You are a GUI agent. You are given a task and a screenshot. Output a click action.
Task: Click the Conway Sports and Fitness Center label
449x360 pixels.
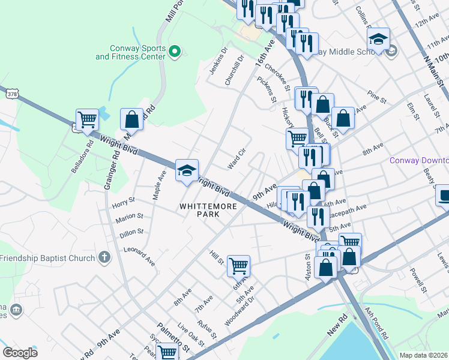click(x=130, y=52)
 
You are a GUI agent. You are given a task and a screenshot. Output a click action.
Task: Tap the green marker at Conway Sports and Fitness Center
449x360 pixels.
click(x=175, y=52)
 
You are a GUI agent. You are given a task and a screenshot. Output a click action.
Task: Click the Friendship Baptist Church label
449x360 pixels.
click(x=47, y=258)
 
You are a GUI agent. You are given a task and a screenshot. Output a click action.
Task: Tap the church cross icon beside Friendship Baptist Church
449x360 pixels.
click(x=104, y=258)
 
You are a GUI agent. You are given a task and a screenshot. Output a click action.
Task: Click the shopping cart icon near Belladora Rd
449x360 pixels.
click(x=88, y=119)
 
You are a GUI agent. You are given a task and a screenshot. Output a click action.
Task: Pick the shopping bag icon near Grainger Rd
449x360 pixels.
click(x=131, y=119)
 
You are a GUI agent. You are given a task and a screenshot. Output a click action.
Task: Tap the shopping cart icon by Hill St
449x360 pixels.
click(x=238, y=265)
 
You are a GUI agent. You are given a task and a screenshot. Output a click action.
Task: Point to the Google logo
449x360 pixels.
click(x=20, y=353)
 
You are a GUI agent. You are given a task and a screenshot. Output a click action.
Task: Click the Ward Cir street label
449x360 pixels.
click(x=237, y=159)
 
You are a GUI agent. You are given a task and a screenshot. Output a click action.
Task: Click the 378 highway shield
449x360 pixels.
click(x=11, y=94)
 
